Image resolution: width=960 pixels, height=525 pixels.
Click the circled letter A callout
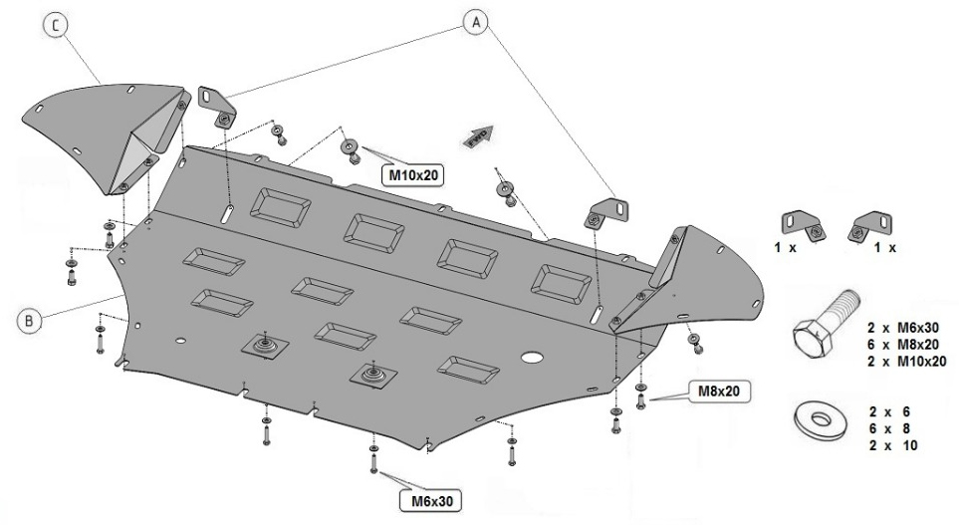[x=477, y=22]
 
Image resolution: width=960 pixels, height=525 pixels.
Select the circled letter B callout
[x=30, y=320]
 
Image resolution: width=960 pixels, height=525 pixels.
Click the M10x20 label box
[x=413, y=174]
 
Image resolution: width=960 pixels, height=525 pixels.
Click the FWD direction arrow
[x=479, y=138]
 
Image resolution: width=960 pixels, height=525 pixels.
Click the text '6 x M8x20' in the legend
[x=902, y=344]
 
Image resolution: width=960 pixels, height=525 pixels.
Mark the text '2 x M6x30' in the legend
[x=902, y=327]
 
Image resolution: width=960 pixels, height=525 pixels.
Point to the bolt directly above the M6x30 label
[x=372, y=457]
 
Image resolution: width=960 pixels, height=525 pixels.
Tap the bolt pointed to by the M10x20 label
[x=352, y=150]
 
